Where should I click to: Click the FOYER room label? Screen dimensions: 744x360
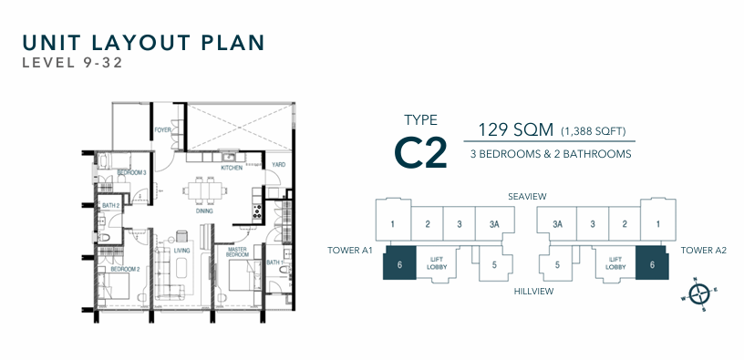pyautogui.click(x=162, y=130)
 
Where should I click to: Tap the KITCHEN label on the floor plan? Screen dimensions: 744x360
pyautogui.click(x=232, y=168)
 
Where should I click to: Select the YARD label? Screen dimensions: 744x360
pyautogui.click(x=278, y=165)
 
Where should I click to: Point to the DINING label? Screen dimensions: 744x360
pyautogui.click(x=204, y=211)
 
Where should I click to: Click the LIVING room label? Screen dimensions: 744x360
pyautogui.click(x=181, y=251)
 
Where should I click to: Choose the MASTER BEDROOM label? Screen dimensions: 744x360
pyautogui.click(x=238, y=252)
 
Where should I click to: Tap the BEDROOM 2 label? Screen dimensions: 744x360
pyautogui.click(x=125, y=270)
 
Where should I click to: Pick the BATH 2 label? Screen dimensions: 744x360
pyautogui.click(x=111, y=205)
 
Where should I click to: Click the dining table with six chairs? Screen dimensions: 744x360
pyautogui.click(x=204, y=191)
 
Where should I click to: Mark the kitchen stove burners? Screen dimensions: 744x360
pyautogui.click(x=257, y=211)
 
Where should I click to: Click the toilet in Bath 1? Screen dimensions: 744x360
pyautogui.click(x=284, y=271)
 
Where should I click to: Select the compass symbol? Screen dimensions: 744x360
pyautogui.click(x=699, y=294)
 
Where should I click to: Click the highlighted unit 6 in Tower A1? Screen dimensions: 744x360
pyautogui.click(x=399, y=262)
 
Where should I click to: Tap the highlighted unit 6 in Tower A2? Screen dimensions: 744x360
pyautogui.click(x=653, y=262)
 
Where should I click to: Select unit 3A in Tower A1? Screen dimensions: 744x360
pyautogui.click(x=494, y=224)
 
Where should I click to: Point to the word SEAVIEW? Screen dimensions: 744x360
pyautogui.click(x=527, y=196)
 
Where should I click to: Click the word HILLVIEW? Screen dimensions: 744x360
pyautogui.click(x=533, y=292)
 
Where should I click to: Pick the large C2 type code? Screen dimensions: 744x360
pyautogui.click(x=421, y=152)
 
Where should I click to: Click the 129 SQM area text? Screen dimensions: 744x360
pyautogui.click(x=515, y=130)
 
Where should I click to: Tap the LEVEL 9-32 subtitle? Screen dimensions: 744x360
pyautogui.click(x=73, y=63)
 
